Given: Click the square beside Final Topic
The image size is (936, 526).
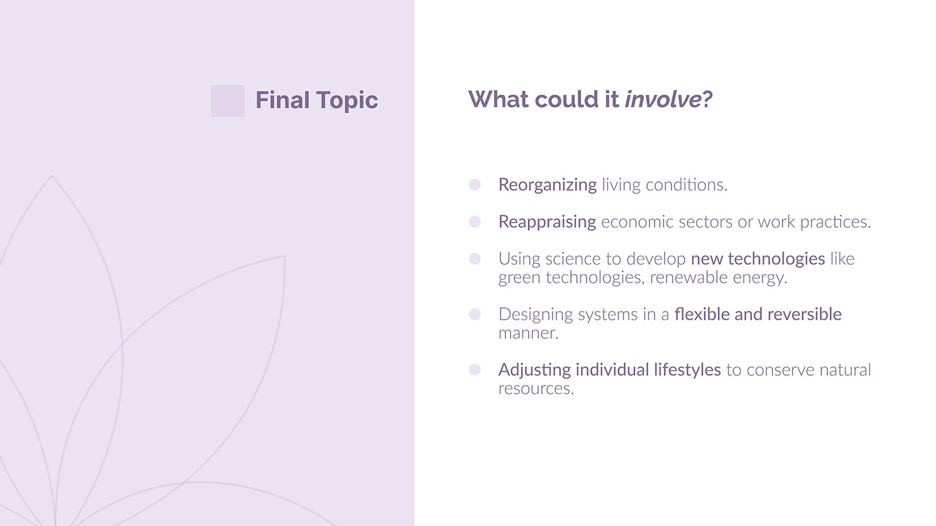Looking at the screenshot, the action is point(227,101).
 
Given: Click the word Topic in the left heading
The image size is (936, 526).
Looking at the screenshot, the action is point(347,100).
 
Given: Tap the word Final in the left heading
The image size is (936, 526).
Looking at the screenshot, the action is point(283,100).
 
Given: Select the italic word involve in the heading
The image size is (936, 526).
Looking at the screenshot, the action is point(663,99).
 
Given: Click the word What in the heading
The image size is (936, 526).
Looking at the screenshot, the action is point(498,99).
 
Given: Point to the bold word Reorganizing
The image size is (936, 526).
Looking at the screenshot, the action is point(547,185).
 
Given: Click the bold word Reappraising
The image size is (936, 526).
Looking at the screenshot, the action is point(547,222).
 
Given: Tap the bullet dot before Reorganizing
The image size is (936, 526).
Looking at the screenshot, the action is point(475,184).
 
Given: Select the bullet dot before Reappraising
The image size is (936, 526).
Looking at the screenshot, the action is point(475,222).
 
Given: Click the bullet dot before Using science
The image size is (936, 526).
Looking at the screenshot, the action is point(475,259).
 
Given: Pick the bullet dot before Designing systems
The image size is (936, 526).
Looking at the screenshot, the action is point(475,314).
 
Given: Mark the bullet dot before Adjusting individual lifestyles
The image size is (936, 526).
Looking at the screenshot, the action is point(475,370).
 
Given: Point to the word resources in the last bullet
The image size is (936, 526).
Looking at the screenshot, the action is point(536,389).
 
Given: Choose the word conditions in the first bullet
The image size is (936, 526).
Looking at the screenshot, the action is point(686,185).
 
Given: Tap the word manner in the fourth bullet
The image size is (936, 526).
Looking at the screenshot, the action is point(528,333).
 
